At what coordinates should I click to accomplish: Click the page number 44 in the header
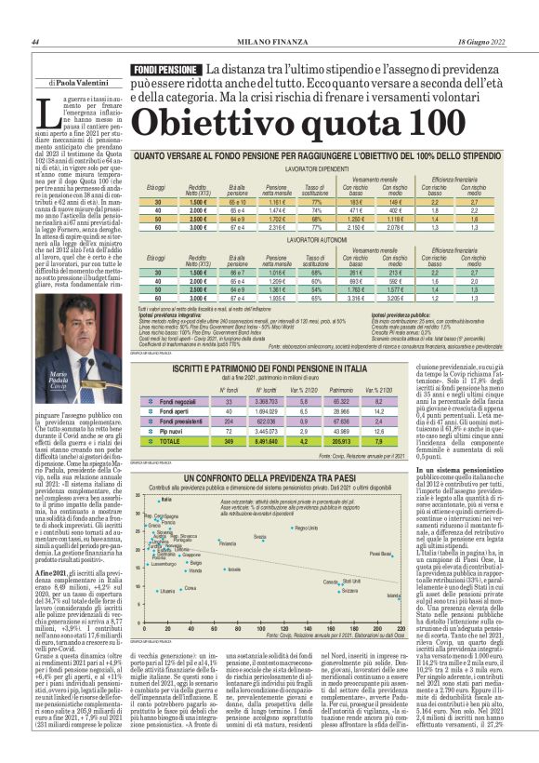click(x=34, y=42)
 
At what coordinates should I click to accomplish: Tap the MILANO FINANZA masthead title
click(x=270, y=42)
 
